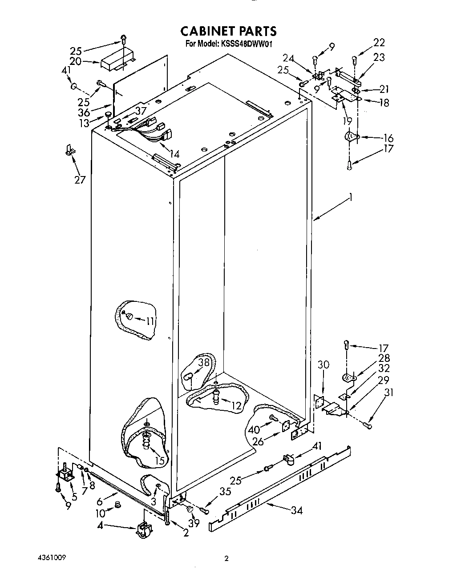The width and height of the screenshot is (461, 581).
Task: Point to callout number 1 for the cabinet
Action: pos(351,198)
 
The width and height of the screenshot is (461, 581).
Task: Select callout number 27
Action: pos(80,180)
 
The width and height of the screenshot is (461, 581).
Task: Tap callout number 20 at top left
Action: pos(75,61)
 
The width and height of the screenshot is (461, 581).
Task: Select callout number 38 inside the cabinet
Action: pos(204,362)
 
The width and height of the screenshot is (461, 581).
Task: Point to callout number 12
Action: pos(236,405)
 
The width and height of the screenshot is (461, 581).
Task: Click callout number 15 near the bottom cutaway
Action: pos(159,460)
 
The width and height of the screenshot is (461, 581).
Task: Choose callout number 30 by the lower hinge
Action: pos(324,365)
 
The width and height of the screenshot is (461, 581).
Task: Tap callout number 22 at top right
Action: pos(379,43)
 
